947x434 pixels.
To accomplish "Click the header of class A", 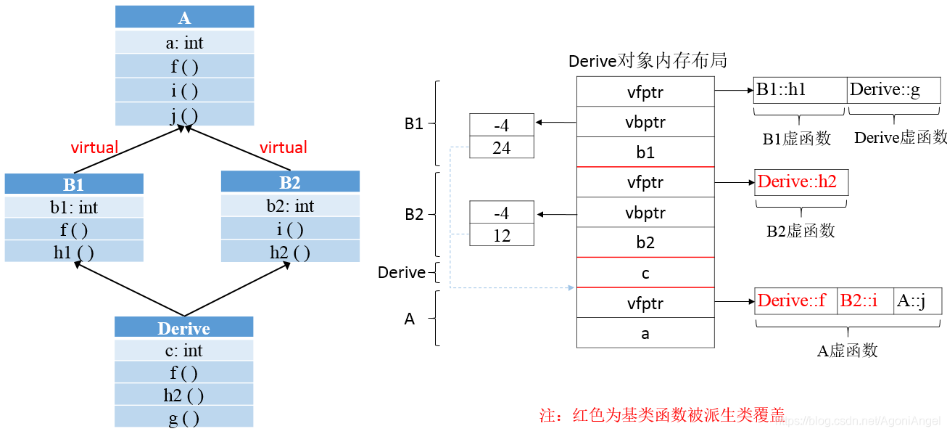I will click(184, 17).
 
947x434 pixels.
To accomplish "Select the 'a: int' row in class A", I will click(184, 43).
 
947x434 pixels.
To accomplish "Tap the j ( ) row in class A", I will click(184, 115).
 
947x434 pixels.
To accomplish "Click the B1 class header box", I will click(74, 184).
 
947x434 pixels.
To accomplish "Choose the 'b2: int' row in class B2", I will click(290, 206).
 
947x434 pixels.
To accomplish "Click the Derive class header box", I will click(184, 327).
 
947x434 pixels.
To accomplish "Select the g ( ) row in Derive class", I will click(184, 417).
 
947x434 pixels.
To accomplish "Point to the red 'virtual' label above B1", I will click(94, 148).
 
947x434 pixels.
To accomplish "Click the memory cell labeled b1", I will click(645, 152).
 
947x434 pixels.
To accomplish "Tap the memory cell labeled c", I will click(645, 273).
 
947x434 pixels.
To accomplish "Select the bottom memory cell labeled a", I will click(645, 333).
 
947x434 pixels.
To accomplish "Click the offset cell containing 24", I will click(502, 148).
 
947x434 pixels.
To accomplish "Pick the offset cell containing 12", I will click(502, 236).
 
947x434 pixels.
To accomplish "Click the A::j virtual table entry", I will click(917, 300).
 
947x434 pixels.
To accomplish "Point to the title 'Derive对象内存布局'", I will click(648, 60).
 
